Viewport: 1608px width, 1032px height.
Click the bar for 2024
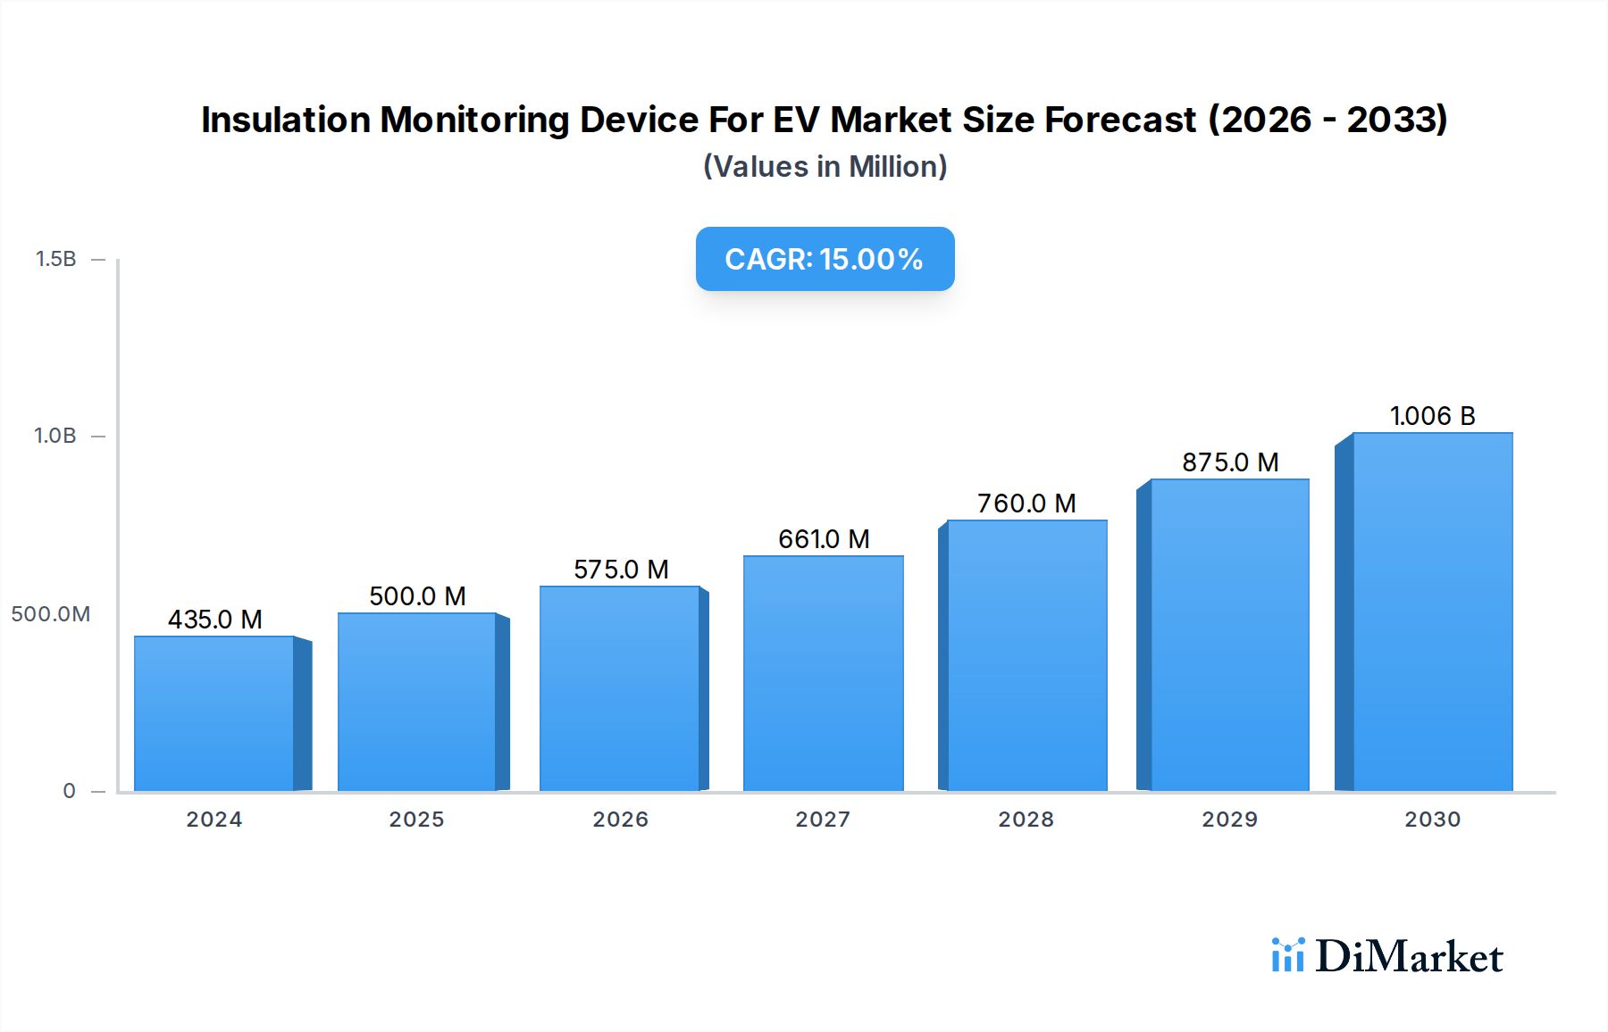pos(214,713)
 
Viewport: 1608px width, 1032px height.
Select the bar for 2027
pos(823,673)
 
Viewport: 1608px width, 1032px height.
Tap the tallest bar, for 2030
pos(1432,612)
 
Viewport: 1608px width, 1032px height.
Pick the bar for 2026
pos(619,688)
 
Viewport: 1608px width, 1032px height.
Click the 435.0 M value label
pos(215,620)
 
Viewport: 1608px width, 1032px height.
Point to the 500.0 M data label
pos(417,596)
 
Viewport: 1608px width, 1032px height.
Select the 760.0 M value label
pos(1026,504)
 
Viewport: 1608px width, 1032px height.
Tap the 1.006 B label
pos(1432,416)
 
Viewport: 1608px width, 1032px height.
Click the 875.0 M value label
pos(1230,462)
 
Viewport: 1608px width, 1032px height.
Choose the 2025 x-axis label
pos(416,820)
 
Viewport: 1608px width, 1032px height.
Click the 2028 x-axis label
pos(1026,820)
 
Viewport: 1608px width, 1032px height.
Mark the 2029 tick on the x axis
pos(1229,820)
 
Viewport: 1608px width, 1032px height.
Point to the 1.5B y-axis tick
pos(56,259)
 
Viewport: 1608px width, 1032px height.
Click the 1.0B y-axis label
pos(55,436)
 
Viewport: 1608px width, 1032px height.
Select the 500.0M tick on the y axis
pos(51,614)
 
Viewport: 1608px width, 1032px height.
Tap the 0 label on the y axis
pos(69,791)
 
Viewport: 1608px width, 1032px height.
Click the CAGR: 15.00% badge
pos(825,259)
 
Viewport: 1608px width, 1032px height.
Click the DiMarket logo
pos(1387,956)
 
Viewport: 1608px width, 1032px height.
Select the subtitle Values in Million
pos(825,167)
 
